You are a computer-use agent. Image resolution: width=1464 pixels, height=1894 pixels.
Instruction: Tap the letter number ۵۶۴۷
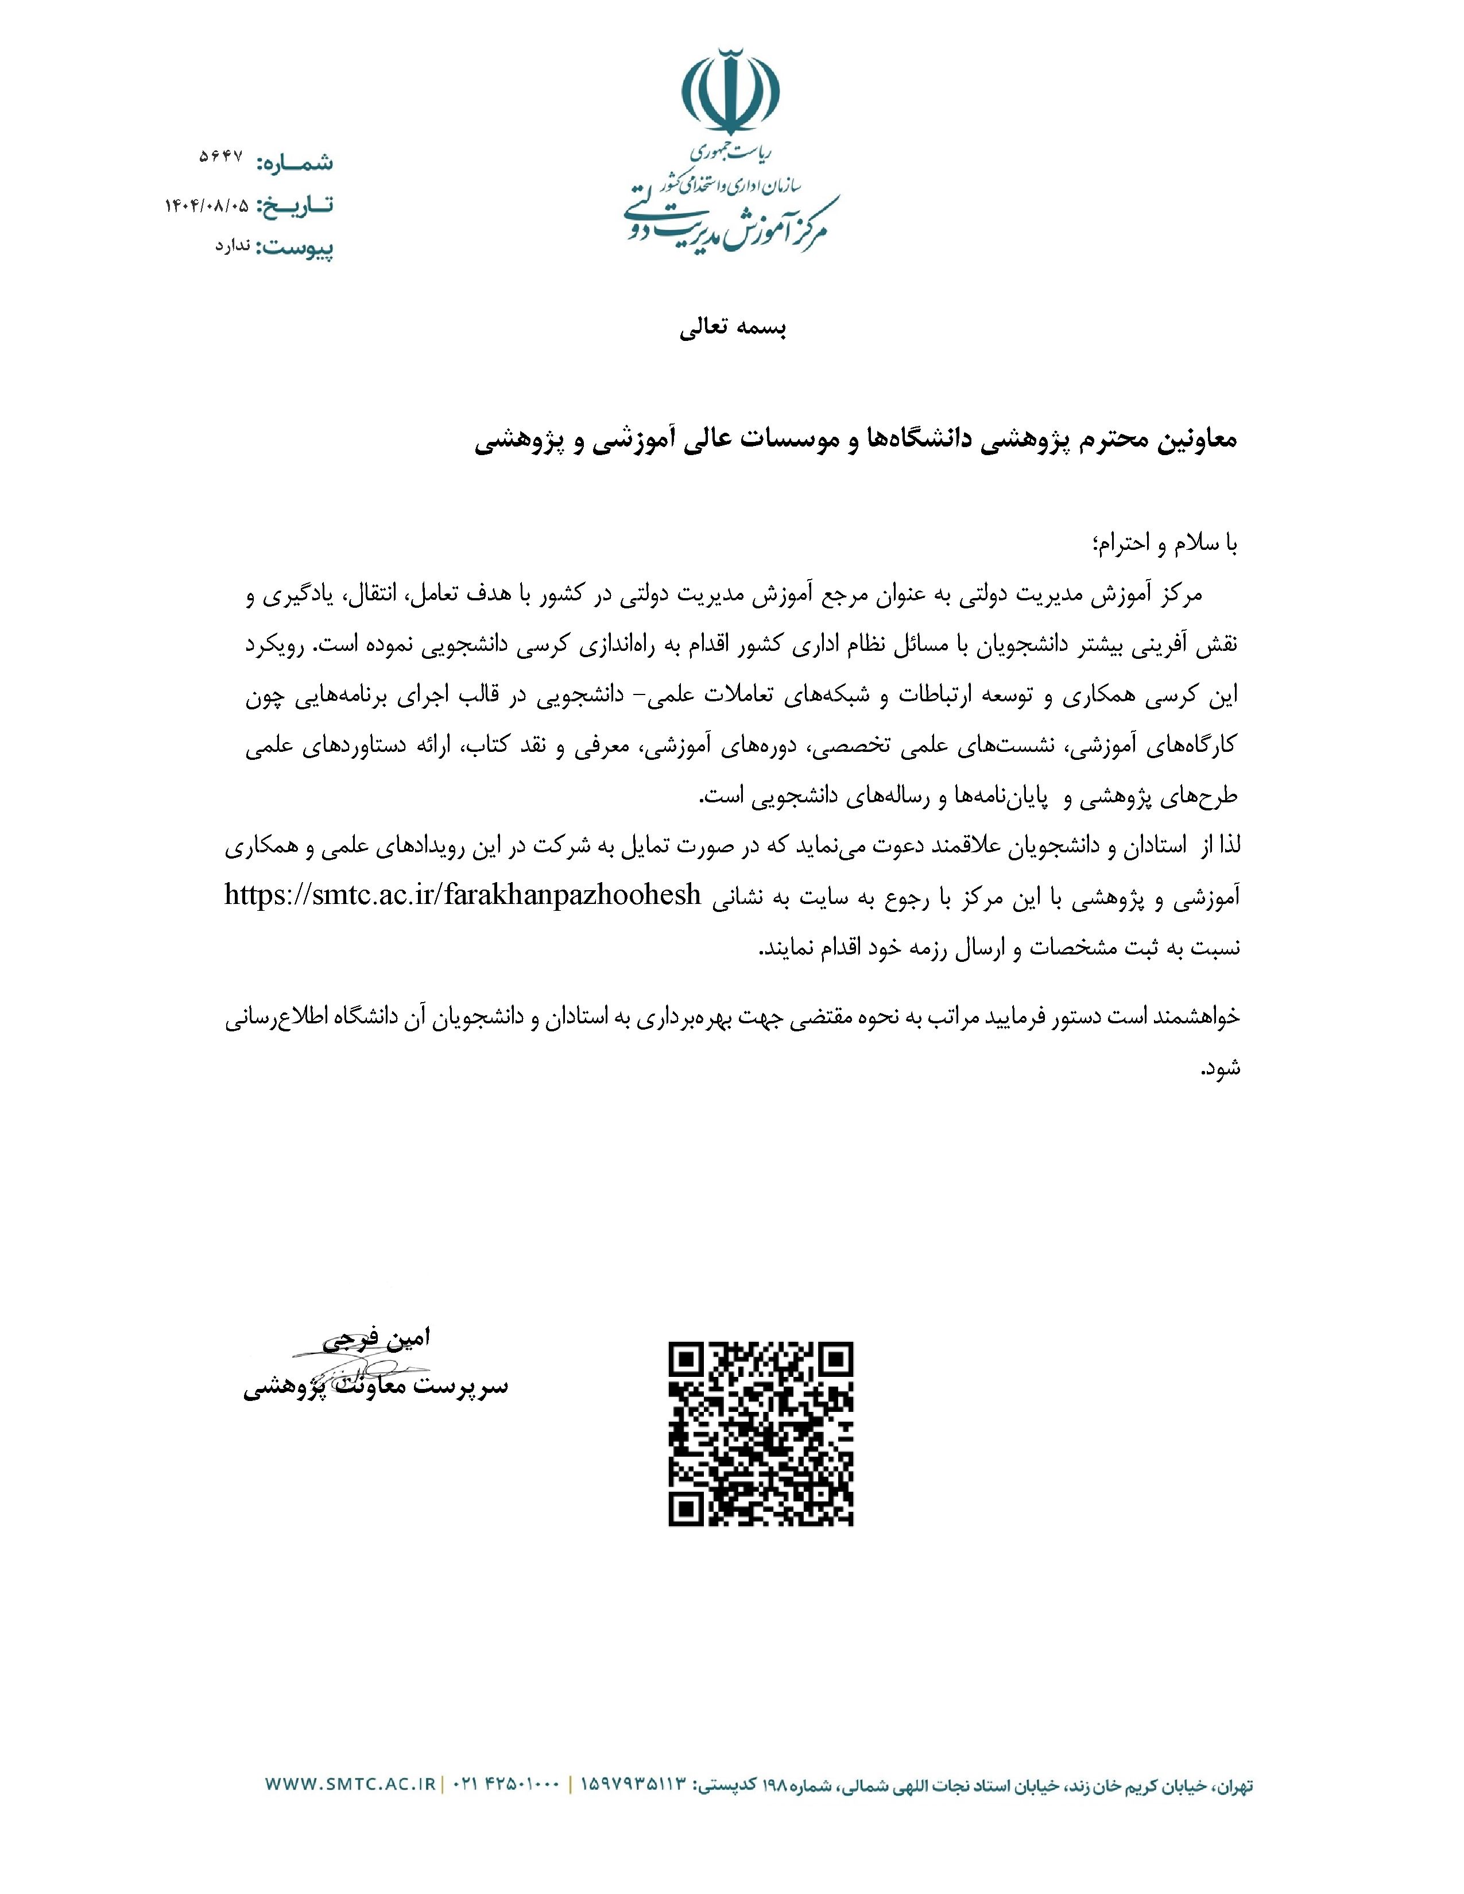221,160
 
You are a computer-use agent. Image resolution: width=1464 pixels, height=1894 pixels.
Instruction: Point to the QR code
761,1433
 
